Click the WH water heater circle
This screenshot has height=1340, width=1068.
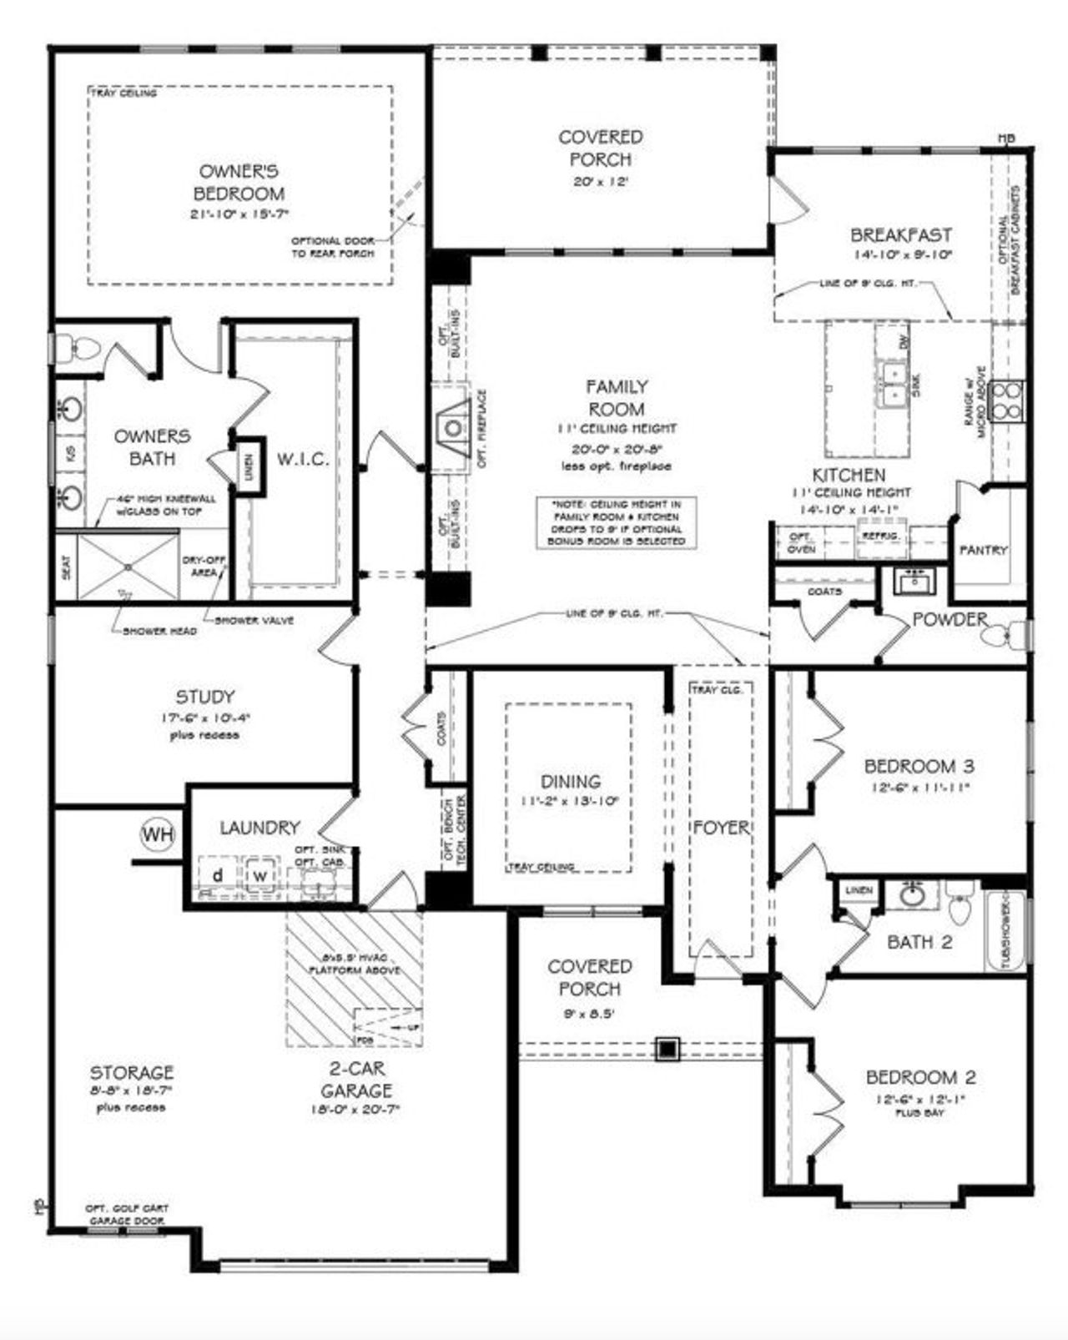[158, 834]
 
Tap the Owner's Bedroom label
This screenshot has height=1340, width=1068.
[239, 183]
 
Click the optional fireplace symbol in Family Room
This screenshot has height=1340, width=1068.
[453, 428]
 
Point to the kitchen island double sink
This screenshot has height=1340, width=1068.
[894, 383]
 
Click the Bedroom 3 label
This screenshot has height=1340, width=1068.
[919, 765]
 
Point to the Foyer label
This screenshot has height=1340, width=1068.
[721, 828]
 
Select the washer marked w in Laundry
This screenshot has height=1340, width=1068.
[261, 875]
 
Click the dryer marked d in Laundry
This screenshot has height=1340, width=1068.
[217, 875]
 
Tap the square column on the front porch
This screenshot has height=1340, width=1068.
[667, 1048]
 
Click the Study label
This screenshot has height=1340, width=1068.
[204, 697]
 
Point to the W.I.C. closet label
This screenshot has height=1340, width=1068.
[303, 459]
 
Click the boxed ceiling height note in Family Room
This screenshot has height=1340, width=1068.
[617, 523]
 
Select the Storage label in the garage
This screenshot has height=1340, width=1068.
[132, 1072]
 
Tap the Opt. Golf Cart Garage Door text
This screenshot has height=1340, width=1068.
[127, 1214]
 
